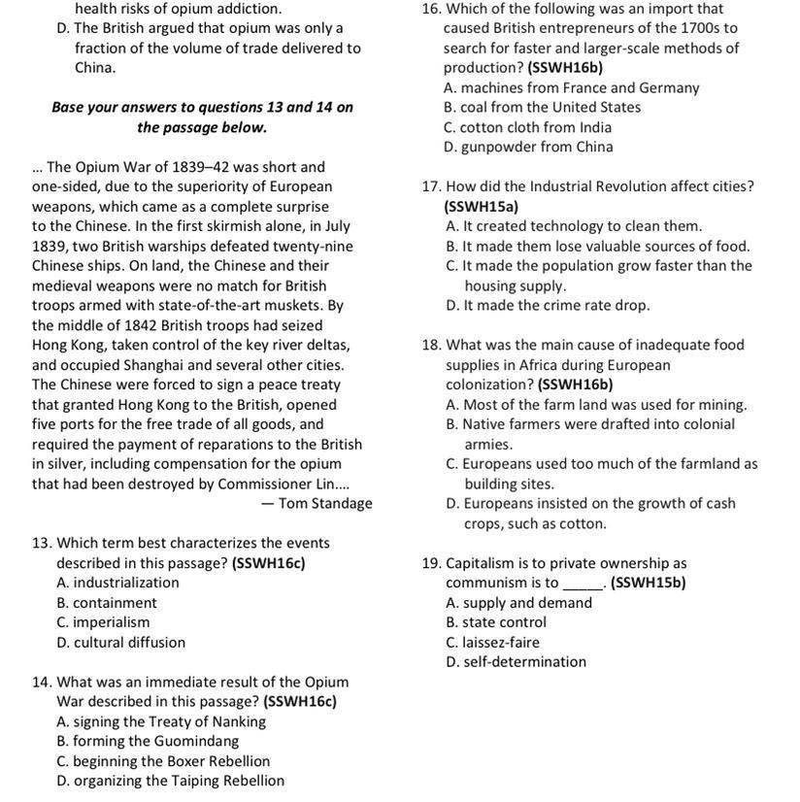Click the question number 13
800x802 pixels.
tap(42, 543)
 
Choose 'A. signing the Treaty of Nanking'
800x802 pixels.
tap(161, 721)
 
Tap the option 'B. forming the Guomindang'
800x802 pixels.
tap(148, 741)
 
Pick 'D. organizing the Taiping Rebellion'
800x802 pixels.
tap(170, 781)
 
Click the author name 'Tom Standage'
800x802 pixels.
tap(325, 503)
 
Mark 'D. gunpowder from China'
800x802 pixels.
tap(528, 147)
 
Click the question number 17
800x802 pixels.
tap(432, 186)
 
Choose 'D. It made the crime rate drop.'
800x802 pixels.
tap(548, 305)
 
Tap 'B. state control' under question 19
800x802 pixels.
tap(496, 622)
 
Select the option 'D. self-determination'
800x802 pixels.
tap(517, 662)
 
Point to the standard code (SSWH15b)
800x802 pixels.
tap(649, 583)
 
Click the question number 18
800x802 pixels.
tap(432, 345)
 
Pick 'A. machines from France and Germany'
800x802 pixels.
tap(571, 87)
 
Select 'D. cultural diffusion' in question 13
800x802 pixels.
tap(120, 642)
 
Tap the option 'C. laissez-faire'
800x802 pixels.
tap(492, 642)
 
